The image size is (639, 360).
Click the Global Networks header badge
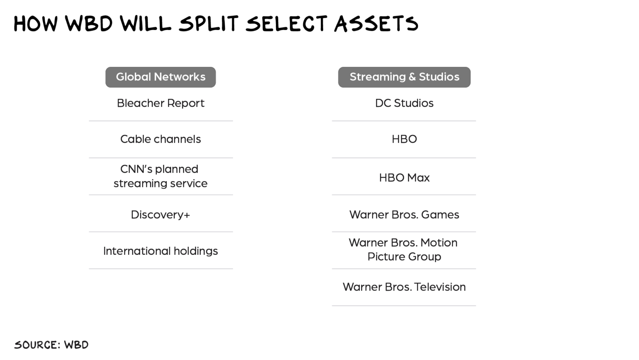tap(161, 77)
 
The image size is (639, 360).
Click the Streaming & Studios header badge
tap(404, 77)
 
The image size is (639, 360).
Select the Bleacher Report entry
tap(161, 103)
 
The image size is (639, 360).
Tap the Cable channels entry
tap(161, 139)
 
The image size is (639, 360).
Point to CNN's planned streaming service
tap(160, 176)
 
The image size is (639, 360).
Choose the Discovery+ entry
tap(160, 215)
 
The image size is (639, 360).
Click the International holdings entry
tap(161, 251)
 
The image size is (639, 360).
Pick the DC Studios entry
tap(404, 103)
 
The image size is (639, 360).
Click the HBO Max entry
tap(404, 178)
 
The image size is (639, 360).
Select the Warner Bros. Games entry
tap(404, 215)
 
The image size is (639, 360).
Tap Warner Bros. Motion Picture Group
tap(404, 250)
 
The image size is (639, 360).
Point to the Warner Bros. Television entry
tap(404, 287)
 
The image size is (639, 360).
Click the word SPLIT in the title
tap(208, 23)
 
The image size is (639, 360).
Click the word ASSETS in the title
tap(376, 23)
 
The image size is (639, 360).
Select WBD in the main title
tap(89, 23)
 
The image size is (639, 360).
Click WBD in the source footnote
tap(77, 345)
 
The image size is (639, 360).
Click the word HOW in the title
tap(36, 23)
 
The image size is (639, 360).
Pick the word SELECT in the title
tap(286, 23)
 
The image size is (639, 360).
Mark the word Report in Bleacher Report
tap(186, 103)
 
